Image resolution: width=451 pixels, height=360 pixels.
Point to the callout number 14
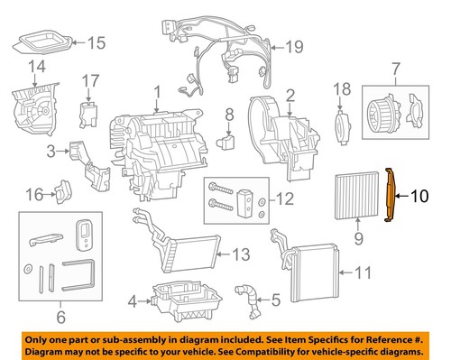(x=37, y=67)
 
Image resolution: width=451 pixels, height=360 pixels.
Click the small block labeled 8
(x=228, y=141)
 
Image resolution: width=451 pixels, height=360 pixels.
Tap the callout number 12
(x=285, y=199)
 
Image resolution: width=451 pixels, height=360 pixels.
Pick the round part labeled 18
(x=341, y=123)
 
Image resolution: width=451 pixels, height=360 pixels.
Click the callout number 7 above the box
(x=393, y=68)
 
